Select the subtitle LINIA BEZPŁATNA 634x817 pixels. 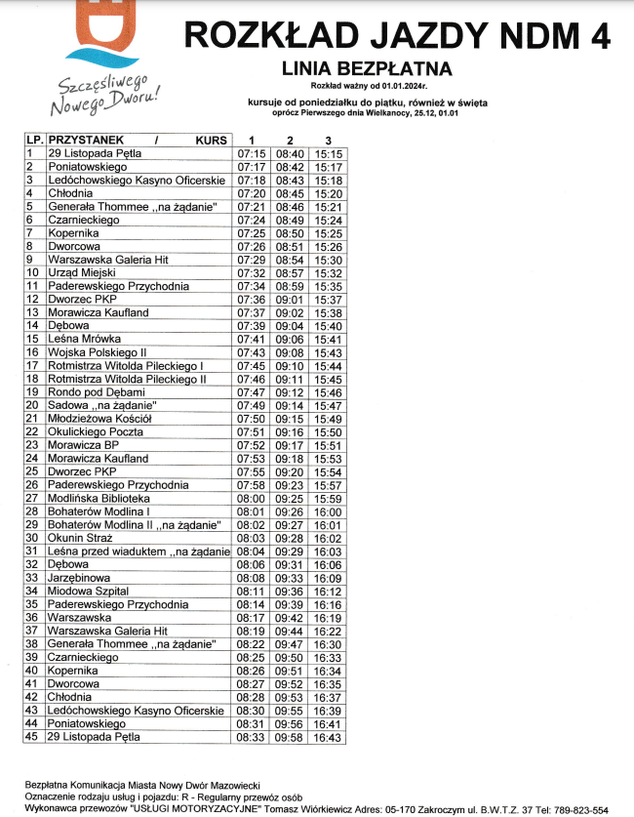(366, 69)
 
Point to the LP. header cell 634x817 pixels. (34, 141)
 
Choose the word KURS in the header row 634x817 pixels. (211, 141)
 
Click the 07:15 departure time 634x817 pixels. (252, 153)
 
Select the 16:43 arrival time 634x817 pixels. (329, 738)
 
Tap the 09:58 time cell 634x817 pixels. (290, 738)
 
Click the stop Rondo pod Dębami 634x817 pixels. (96, 391)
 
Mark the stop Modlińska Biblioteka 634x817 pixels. (102, 498)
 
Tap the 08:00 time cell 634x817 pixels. (252, 498)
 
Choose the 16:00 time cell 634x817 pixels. (329, 511)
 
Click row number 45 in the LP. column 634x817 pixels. (32, 738)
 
